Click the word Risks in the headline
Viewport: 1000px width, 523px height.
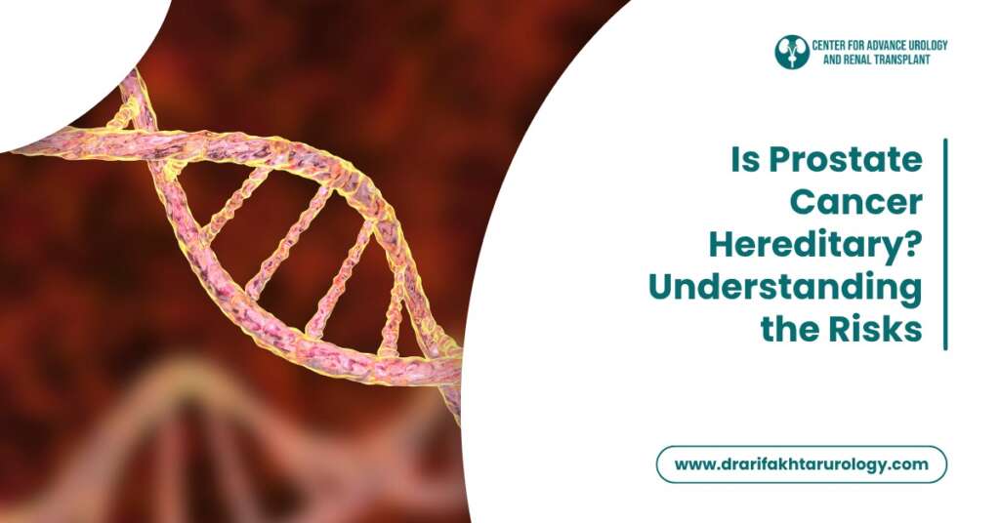(880, 330)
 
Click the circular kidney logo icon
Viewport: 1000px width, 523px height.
(792, 52)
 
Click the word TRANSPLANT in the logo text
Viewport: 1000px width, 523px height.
(895, 60)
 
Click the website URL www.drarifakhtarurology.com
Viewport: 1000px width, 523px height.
(801, 464)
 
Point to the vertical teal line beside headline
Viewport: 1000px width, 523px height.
(945, 244)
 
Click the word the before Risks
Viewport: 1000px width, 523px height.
(793, 330)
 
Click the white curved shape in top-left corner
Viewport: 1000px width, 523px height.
(59, 59)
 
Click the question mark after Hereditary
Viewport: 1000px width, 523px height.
(912, 245)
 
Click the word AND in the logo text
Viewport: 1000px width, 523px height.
(824, 60)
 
